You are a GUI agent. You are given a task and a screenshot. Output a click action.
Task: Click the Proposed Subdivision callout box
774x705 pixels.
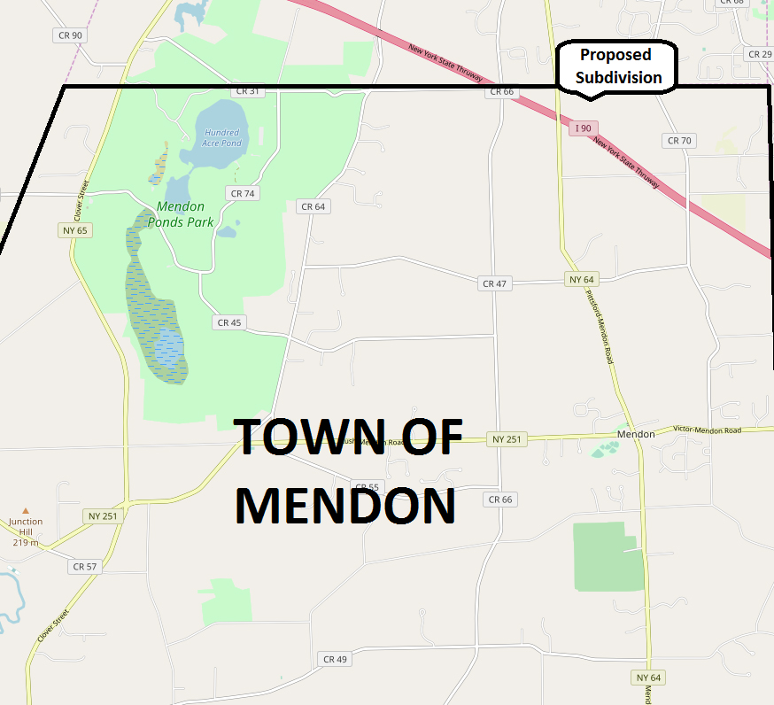[x=616, y=67]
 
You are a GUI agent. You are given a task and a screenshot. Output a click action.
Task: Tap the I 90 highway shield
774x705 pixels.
[x=583, y=128]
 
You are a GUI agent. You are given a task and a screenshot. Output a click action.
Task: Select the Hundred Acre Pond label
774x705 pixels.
[x=221, y=138]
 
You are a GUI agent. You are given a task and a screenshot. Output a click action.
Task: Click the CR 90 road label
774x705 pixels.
[x=68, y=35]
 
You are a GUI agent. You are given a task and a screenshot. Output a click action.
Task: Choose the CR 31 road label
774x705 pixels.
[x=248, y=91]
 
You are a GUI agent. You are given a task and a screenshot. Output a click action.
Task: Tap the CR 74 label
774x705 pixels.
[x=242, y=193]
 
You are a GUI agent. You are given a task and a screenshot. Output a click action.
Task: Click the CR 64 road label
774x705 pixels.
[x=313, y=206]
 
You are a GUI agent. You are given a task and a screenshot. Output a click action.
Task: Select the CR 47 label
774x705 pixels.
[x=494, y=283]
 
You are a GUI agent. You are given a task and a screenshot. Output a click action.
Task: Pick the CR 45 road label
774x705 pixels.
[x=228, y=322]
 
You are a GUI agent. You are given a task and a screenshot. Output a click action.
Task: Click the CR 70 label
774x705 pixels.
[x=678, y=140]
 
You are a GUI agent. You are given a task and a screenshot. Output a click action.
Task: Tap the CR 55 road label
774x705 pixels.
[x=366, y=487]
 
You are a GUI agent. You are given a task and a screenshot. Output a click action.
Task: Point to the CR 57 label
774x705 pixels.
[x=85, y=566]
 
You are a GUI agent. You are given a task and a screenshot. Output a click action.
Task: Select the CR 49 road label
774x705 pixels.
[x=335, y=658]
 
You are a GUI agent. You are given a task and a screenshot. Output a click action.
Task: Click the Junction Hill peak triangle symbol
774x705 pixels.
[x=26, y=510]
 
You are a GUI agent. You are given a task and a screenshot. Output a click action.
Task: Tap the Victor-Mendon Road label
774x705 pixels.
[x=707, y=430]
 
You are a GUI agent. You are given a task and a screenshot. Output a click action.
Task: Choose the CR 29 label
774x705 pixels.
[x=759, y=54]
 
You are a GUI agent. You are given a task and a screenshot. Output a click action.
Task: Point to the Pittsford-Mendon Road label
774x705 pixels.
[x=600, y=328]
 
